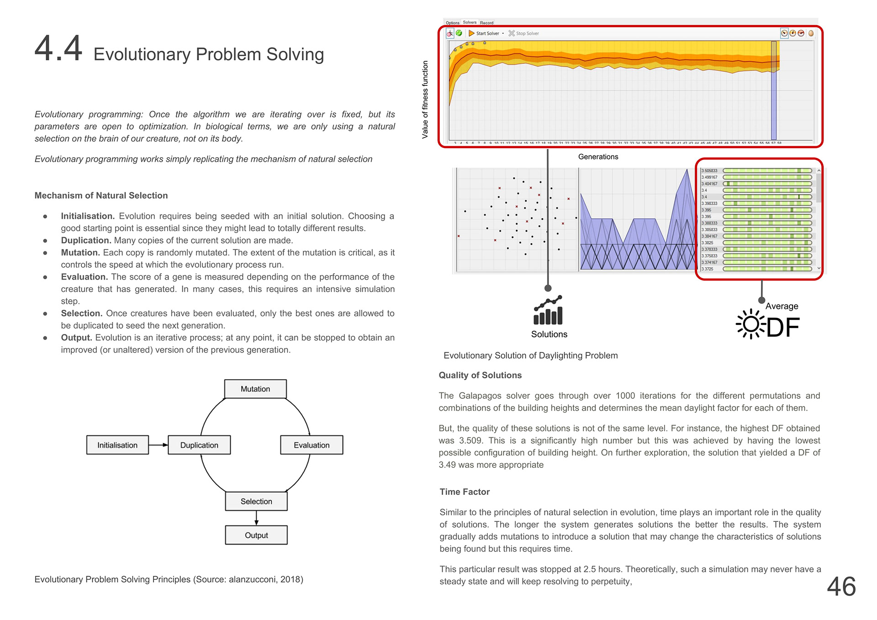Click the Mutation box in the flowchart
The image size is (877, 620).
255,389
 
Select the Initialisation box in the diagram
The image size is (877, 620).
117,445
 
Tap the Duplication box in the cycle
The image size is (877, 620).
199,445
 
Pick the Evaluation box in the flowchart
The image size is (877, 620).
312,445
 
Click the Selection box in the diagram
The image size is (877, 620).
256,501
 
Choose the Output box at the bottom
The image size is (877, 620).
256,535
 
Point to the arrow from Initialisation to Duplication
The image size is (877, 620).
158,445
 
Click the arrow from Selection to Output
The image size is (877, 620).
256,518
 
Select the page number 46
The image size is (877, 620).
841,586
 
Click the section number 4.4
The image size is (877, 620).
58,48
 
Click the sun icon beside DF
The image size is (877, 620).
750,324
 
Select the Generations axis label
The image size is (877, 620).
598,157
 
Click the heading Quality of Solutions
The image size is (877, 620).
480,375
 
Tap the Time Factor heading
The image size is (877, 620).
465,492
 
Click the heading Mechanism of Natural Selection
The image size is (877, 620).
101,196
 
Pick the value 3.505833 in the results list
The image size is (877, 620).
709,171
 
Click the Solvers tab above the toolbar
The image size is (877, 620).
470,22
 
